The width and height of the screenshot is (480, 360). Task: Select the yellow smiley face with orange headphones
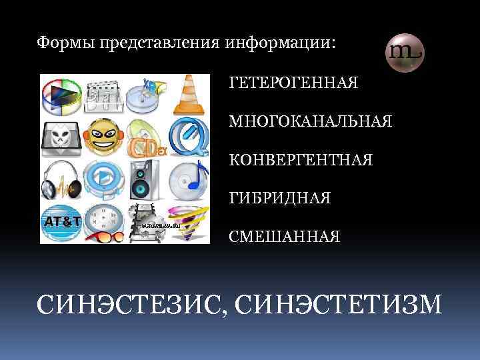(x=103, y=137)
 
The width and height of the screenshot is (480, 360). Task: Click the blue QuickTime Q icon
(x=188, y=138)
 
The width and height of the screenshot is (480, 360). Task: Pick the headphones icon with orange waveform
(x=62, y=179)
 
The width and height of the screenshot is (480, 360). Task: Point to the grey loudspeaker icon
(x=146, y=179)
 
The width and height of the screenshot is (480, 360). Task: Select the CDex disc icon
(x=146, y=139)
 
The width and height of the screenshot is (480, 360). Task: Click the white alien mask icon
(x=61, y=137)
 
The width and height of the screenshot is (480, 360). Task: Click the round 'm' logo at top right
(x=405, y=52)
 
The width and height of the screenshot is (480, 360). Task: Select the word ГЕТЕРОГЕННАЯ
(x=293, y=83)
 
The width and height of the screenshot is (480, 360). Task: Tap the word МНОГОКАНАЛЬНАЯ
(x=311, y=122)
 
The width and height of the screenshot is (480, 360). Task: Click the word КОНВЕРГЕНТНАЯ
(x=301, y=161)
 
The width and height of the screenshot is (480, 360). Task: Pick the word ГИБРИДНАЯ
(x=280, y=199)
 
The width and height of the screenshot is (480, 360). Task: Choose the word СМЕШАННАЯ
(x=284, y=237)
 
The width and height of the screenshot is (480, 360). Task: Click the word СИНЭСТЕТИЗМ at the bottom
(x=339, y=305)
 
